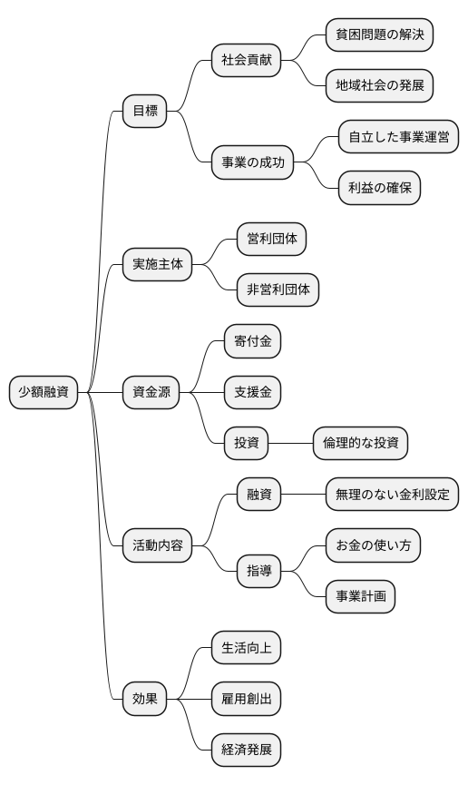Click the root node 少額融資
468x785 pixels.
coord(44,393)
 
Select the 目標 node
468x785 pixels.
coord(145,113)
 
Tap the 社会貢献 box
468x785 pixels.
coord(246,61)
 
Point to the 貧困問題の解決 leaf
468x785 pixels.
coord(379,35)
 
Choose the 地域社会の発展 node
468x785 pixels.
coord(379,86)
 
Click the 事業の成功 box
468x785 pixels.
coord(253,163)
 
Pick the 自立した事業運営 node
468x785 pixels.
coord(398,138)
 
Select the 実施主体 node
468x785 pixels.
coord(158,265)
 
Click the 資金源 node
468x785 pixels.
coord(151,393)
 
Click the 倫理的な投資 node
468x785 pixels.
coord(359,444)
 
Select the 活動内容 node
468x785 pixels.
coord(158,546)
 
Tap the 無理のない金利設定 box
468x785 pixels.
coord(392,496)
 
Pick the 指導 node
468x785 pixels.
coord(258,572)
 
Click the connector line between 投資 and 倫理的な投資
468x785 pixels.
coord(291,444)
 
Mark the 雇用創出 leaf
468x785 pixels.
coord(246,700)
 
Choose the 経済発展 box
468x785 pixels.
coord(246,751)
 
